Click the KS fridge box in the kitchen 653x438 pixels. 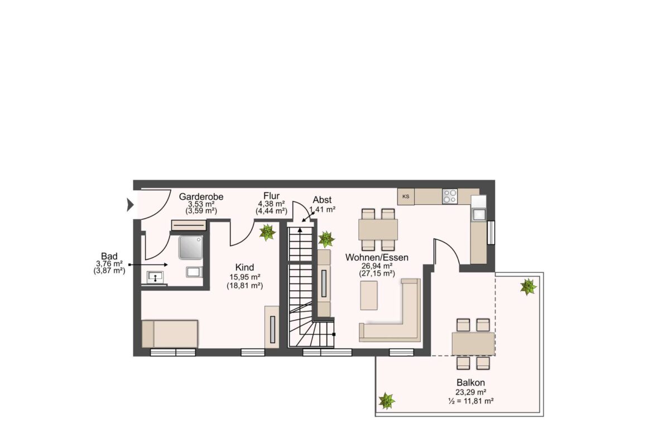(406, 196)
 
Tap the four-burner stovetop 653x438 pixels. (450, 196)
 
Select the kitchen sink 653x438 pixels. (478, 214)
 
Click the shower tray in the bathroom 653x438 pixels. (191, 247)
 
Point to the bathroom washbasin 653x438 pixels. (155, 276)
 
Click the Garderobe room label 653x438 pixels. (201, 196)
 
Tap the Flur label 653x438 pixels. (272, 196)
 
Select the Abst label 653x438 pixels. (323, 200)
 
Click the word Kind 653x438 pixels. (244, 267)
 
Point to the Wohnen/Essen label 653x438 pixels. (377, 257)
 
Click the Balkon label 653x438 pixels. (470, 383)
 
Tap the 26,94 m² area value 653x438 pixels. (377, 266)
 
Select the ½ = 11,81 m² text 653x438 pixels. (471, 401)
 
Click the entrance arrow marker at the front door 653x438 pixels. (130, 205)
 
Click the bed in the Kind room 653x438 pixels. (170, 334)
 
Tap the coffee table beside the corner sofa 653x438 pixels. (369, 295)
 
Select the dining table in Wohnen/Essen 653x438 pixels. (378, 229)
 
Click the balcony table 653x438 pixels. (473, 344)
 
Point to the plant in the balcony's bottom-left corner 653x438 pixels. (386, 401)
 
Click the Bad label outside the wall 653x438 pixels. (109, 256)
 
